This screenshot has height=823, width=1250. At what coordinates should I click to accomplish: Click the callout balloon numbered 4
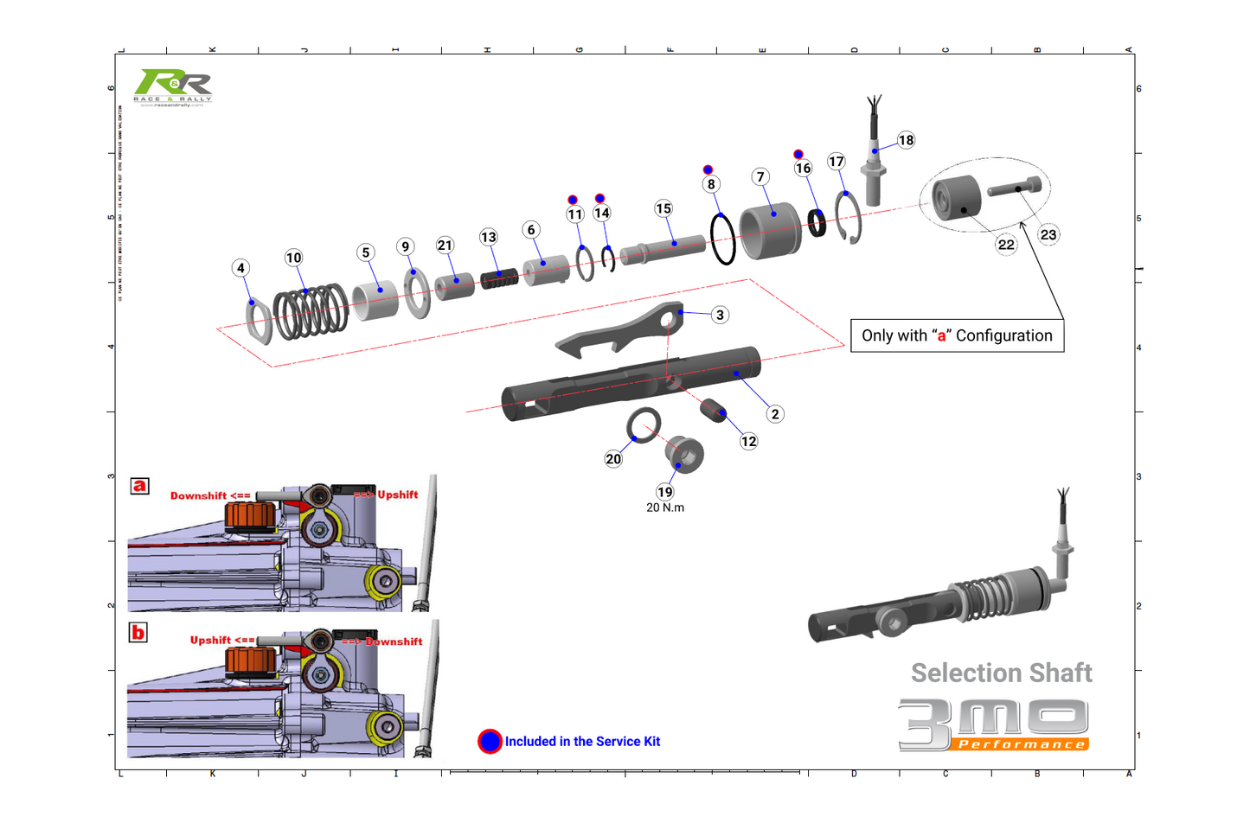[240, 268]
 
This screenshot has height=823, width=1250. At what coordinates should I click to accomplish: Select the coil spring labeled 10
[310, 312]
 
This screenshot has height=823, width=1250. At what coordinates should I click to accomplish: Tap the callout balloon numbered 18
[906, 140]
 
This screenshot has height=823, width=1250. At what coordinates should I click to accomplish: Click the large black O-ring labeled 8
[722, 239]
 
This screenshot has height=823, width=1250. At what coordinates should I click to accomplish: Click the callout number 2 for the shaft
[775, 414]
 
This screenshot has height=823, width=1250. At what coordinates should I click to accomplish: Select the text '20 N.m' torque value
[664, 507]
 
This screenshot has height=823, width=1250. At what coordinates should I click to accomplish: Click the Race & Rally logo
[173, 86]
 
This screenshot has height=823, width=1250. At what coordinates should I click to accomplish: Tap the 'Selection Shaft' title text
[1001, 673]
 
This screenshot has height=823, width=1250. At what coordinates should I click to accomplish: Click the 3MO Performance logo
[993, 724]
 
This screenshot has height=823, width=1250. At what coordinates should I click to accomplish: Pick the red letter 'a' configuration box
[139, 486]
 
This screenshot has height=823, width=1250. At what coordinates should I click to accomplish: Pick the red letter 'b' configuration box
[138, 633]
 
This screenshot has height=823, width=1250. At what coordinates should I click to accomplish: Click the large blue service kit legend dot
[490, 742]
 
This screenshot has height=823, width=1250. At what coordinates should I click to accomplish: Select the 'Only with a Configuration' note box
[957, 335]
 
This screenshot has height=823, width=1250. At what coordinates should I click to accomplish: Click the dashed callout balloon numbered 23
[1048, 234]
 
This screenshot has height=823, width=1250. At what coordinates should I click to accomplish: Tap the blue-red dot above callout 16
[798, 155]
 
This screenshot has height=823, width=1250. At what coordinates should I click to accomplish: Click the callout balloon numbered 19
[664, 492]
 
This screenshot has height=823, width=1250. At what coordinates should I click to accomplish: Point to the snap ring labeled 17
[849, 219]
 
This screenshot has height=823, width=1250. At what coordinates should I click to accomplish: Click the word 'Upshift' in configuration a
[397, 494]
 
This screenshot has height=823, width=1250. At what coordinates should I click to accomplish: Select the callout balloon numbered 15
[663, 208]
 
